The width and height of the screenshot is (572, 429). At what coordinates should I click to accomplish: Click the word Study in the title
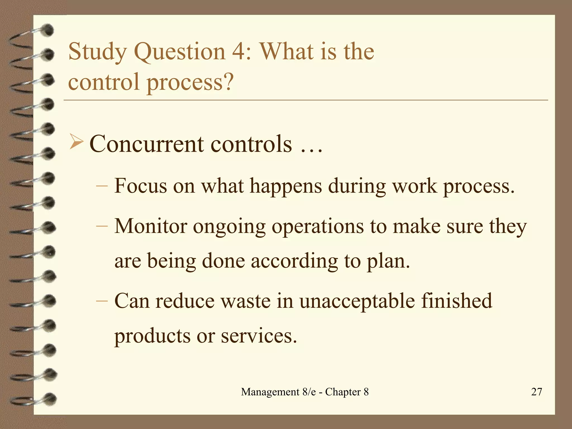(97, 52)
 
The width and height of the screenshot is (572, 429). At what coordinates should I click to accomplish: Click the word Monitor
(151, 226)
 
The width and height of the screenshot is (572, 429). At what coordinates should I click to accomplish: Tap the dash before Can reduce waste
(102, 301)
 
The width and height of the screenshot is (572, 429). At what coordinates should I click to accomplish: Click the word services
(259, 336)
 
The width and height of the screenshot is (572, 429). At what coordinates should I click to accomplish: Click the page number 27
(537, 392)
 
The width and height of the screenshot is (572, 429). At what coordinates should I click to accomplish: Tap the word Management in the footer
(270, 392)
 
